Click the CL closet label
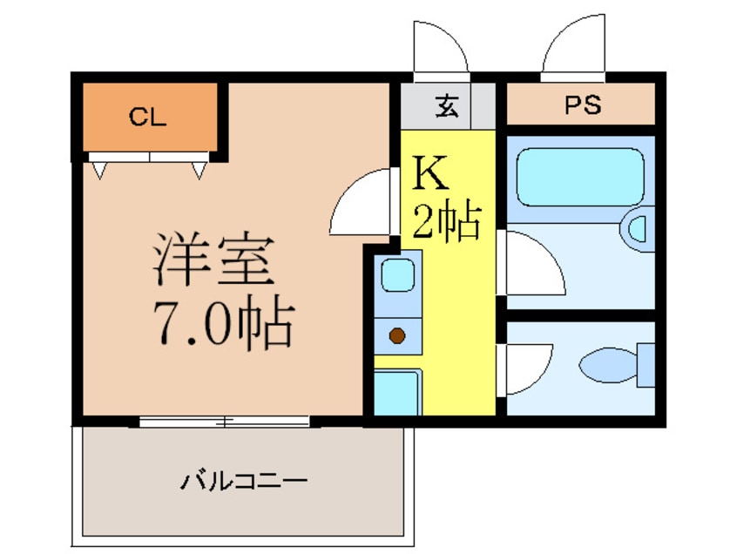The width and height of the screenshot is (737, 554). tap(147, 116)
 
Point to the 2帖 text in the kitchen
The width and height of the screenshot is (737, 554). tap(446, 222)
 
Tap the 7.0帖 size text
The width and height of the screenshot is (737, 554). tap(222, 325)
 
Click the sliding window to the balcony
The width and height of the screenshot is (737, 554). tap(224, 422)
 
